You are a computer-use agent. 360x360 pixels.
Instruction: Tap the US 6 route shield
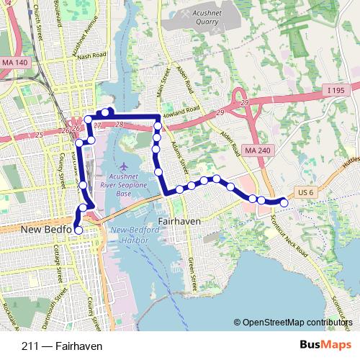coord(306,192)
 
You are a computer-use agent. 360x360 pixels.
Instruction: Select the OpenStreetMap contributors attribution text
coord(298,323)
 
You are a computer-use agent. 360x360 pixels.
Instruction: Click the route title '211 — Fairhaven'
coord(62,346)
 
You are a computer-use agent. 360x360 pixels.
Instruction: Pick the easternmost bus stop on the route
coord(284,204)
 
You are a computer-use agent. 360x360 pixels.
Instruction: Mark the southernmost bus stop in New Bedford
coord(78,229)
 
